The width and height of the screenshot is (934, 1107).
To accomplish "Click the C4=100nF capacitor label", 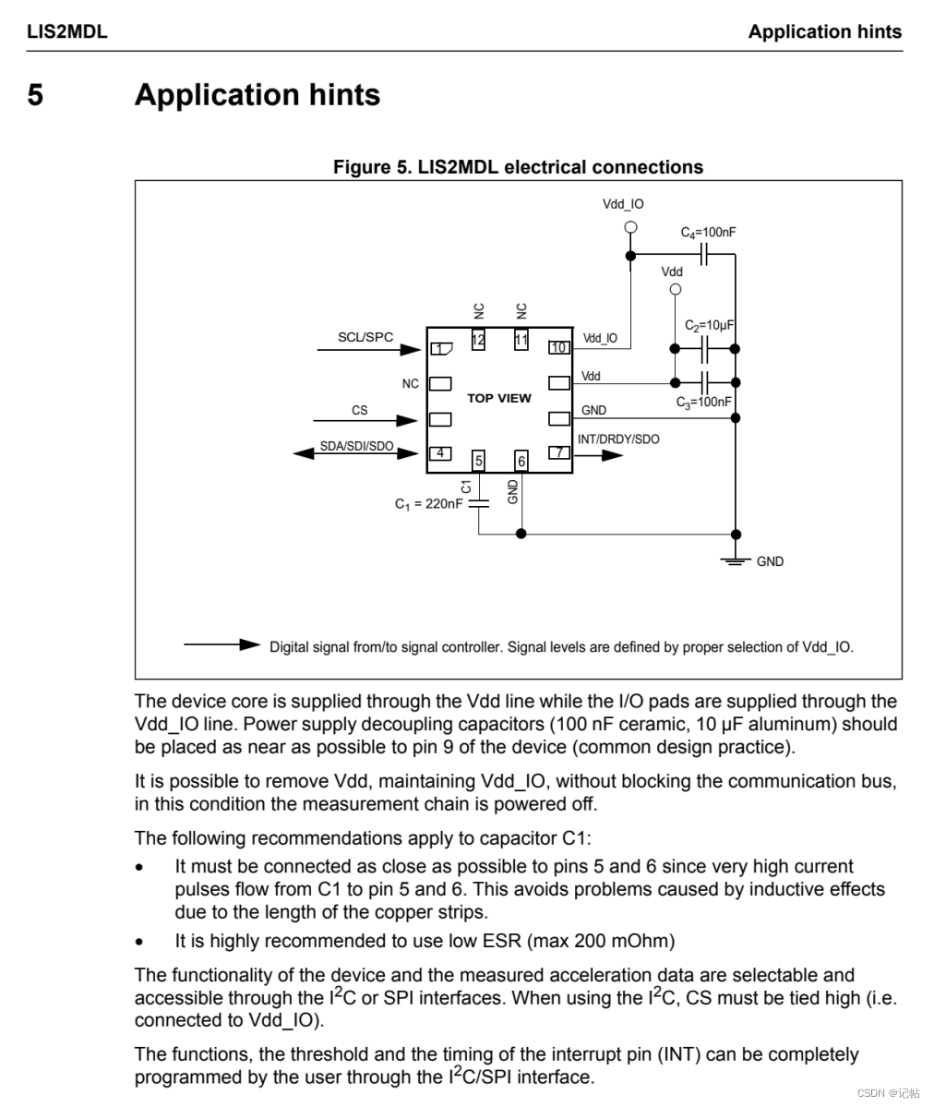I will click(x=708, y=233).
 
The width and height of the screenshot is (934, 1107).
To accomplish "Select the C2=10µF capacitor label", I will click(x=709, y=326).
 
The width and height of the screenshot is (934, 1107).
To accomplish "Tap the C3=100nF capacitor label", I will click(x=703, y=403).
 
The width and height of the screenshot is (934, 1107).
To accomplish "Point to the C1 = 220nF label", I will click(x=429, y=504).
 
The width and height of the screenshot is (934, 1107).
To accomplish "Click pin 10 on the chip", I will click(x=558, y=347).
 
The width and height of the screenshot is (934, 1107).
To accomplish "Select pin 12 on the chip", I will click(x=478, y=340).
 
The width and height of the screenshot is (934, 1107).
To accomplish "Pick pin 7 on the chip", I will click(x=558, y=452).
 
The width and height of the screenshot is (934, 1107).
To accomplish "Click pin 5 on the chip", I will click(x=478, y=461).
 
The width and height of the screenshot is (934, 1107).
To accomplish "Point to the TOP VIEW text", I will click(x=499, y=398).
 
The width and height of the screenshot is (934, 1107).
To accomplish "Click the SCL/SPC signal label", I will click(x=365, y=337).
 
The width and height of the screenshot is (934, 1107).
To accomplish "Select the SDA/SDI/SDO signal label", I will click(x=356, y=446).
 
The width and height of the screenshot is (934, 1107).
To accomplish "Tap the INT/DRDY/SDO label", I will click(x=618, y=439).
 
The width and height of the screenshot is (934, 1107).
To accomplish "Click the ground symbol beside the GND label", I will click(x=736, y=560).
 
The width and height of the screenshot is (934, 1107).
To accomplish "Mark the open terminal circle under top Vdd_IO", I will click(x=630, y=227).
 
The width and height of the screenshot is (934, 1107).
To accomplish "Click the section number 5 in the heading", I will click(x=35, y=95).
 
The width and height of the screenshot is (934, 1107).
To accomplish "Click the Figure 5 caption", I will click(x=518, y=167).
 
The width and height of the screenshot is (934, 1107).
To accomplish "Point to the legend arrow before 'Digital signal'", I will click(x=222, y=644).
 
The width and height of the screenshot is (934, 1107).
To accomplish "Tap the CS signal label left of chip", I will click(x=359, y=409).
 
